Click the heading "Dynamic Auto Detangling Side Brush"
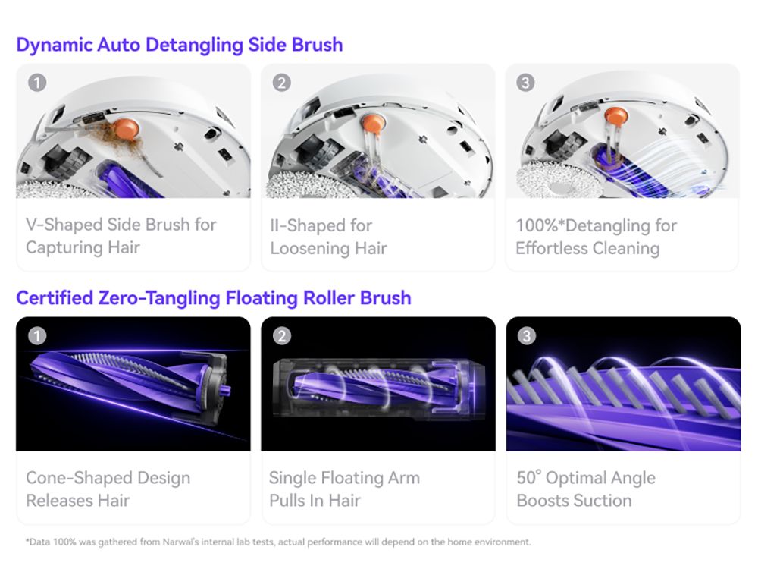180,45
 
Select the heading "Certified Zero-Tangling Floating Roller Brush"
214,298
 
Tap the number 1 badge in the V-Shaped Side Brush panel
37,82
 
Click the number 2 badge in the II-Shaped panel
282,82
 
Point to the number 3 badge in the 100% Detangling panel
525,82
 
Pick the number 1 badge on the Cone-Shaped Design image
37,335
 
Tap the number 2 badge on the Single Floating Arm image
282,335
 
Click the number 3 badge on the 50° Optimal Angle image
527,335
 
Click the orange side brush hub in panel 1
127,129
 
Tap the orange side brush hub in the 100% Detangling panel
616,116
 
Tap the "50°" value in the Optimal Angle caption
529,477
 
